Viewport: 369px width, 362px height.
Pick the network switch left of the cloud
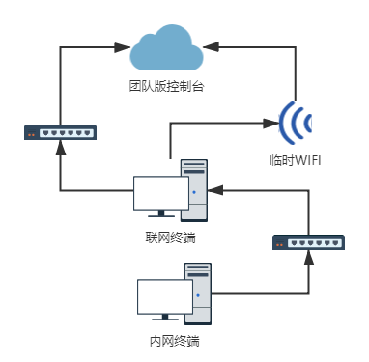pos(60,131)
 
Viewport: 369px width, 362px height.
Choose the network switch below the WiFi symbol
pos(306,243)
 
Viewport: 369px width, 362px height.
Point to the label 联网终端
pos(171,237)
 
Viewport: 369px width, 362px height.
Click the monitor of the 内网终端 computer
pos(165,298)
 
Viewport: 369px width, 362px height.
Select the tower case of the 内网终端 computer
pos(199,292)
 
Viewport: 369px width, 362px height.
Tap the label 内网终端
pos(173,341)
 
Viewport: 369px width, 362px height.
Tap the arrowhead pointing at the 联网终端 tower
pos(217,191)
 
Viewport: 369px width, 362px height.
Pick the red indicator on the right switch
pos(278,246)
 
